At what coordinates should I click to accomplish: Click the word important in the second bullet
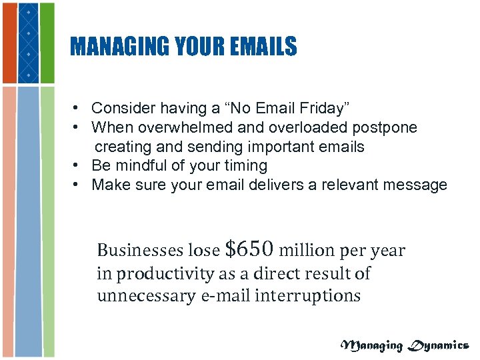point(290,146)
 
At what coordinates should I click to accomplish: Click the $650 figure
point(249,249)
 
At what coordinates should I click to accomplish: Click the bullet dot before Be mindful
point(78,165)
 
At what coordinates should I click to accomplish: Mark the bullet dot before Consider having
point(78,108)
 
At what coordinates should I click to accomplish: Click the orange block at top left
point(9,43)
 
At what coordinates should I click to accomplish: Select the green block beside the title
point(47,43)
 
